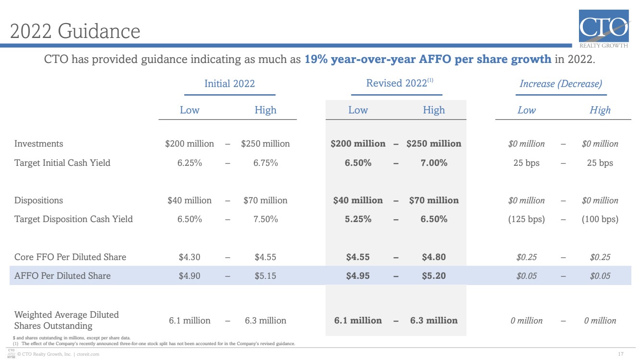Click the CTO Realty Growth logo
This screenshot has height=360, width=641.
click(x=604, y=28)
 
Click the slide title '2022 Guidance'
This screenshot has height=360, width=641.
click(x=75, y=31)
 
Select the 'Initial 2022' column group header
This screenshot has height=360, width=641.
click(x=229, y=84)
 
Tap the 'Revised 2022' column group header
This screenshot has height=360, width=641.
click(x=400, y=83)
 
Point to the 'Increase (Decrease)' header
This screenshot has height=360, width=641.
click(x=561, y=84)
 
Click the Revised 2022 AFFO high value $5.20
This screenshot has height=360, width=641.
click(x=434, y=275)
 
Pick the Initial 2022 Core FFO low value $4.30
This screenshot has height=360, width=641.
click(x=189, y=257)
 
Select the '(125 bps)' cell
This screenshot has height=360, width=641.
click(x=527, y=219)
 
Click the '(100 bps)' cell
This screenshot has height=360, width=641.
click(x=600, y=219)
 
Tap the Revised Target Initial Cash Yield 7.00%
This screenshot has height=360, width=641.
click(x=434, y=163)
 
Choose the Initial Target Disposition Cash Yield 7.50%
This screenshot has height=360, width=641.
click(x=265, y=219)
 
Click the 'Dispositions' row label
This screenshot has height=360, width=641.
click(x=38, y=200)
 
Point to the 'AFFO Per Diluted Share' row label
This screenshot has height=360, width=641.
click(x=63, y=275)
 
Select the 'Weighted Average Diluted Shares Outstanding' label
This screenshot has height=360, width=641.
click(x=66, y=320)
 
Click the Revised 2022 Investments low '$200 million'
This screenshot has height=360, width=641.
click(x=358, y=144)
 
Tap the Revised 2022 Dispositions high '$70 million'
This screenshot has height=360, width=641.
click(x=434, y=200)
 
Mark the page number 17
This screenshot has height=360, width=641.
click(x=621, y=354)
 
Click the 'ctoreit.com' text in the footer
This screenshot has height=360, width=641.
click(x=88, y=354)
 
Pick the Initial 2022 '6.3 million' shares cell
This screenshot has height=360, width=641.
click(x=265, y=320)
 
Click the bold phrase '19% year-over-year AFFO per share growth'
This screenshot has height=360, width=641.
click(x=428, y=59)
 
